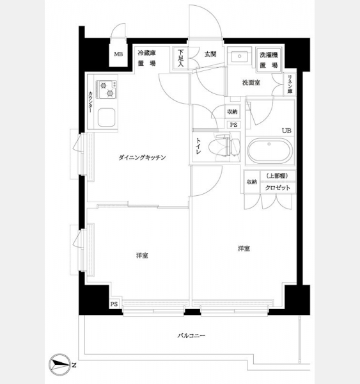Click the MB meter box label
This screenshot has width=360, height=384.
pyautogui.click(x=118, y=54)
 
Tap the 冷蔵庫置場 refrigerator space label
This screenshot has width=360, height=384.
pyautogui.click(x=146, y=58)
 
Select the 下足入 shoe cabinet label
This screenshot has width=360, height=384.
pyautogui.click(x=180, y=58)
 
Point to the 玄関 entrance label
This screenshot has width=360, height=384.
pyautogui.click(x=210, y=54)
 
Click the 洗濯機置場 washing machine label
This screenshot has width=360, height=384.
pyautogui.click(x=269, y=60)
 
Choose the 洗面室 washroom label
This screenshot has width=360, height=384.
pyautogui.click(x=251, y=83)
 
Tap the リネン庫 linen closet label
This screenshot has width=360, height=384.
pyautogui.click(x=290, y=84)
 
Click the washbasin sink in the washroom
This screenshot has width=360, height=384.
pyautogui.click(x=239, y=56)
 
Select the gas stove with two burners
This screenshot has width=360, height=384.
pyautogui.click(x=107, y=90)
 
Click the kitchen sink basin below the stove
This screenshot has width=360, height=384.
pyautogui.click(x=106, y=117)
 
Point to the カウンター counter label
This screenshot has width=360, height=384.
pyautogui.click(x=91, y=102)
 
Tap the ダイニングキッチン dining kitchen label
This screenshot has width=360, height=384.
pyautogui.click(x=142, y=157)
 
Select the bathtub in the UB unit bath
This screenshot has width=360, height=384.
pyautogui.click(x=270, y=150)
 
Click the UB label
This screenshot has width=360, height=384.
pyautogui.click(x=286, y=131)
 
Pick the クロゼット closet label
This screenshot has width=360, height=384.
pyautogui.click(x=278, y=188)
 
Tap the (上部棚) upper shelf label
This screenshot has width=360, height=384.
pyautogui.click(x=278, y=175)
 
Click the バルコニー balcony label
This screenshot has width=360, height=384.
pyautogui.click(x=191, y=335)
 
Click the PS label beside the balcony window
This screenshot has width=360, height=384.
pyautogui.click(x=114, y=304)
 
